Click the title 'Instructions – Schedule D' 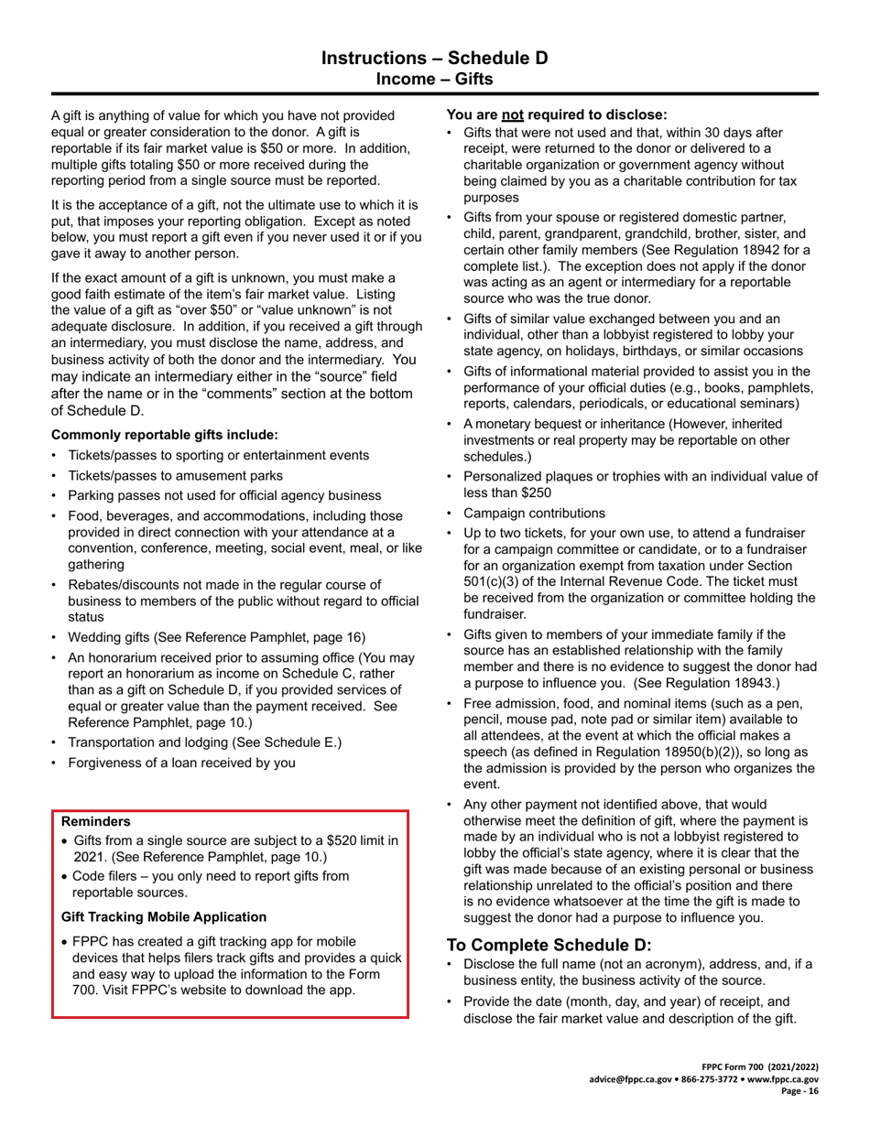[434, 59]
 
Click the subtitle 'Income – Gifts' [434, 80]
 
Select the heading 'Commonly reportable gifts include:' [165, 435]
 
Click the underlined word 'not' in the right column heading [512, 115]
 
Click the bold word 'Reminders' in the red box [96, 822]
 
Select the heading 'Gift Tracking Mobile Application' [164, 917]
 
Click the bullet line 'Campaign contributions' [534, 514]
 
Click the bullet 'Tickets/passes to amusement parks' [175, 475]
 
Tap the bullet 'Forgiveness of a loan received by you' [181, 763]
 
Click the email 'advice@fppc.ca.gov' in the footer [633, 1079]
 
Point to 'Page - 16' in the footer [799, 1091]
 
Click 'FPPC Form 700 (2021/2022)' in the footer [760, 1067]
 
